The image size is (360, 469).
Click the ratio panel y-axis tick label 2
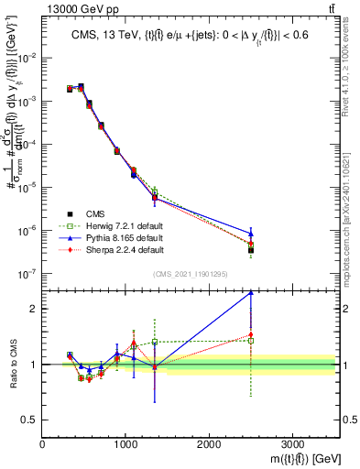(x=34, y=309)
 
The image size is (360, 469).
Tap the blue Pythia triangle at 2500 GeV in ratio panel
(x=251, y=293)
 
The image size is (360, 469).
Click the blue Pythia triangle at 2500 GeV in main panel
(x=251, y=233)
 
